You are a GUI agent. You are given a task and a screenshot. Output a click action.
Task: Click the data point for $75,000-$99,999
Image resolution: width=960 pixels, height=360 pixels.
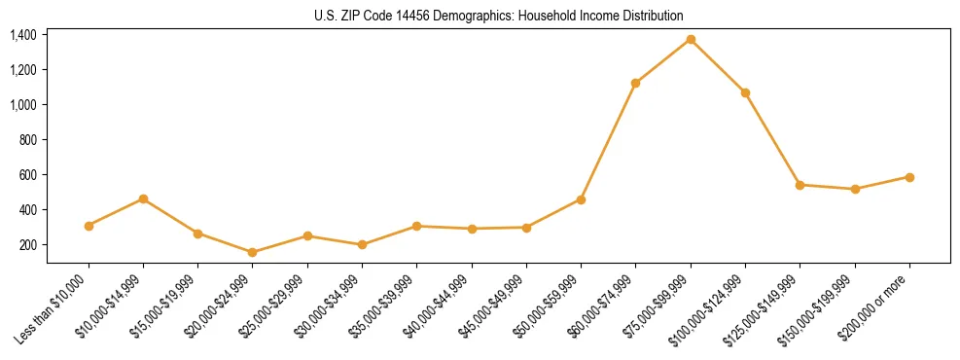point(691,39)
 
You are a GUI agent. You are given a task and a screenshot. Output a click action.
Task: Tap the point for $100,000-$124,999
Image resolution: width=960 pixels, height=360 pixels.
point(745,92)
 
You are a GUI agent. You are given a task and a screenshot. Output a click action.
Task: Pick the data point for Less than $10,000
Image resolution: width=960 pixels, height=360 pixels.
point(89,226)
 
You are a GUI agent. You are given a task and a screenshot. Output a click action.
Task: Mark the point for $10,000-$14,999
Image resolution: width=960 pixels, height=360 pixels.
point(143,198)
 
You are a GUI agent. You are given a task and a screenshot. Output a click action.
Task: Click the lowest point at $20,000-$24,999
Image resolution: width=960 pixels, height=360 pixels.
point(252,252)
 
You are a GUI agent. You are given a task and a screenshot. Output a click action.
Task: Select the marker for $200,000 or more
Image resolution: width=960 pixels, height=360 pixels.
point(909,177)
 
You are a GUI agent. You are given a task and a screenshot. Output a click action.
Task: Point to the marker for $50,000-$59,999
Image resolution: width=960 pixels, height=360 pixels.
point(581,199)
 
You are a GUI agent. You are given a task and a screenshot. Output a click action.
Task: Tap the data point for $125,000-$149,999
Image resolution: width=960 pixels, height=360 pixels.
point(800,184)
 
